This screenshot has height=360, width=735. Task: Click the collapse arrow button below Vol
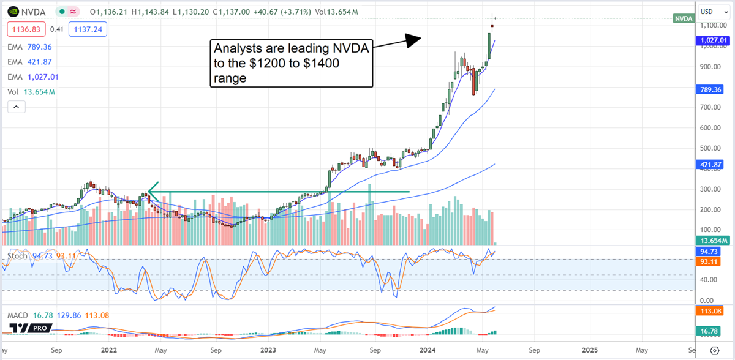16,107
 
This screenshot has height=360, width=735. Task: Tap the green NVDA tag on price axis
683,19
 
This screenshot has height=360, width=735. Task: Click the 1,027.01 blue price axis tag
714,40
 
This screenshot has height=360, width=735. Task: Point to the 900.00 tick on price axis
710,67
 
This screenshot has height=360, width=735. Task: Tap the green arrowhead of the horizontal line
153,192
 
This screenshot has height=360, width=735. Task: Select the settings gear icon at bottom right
714,350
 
